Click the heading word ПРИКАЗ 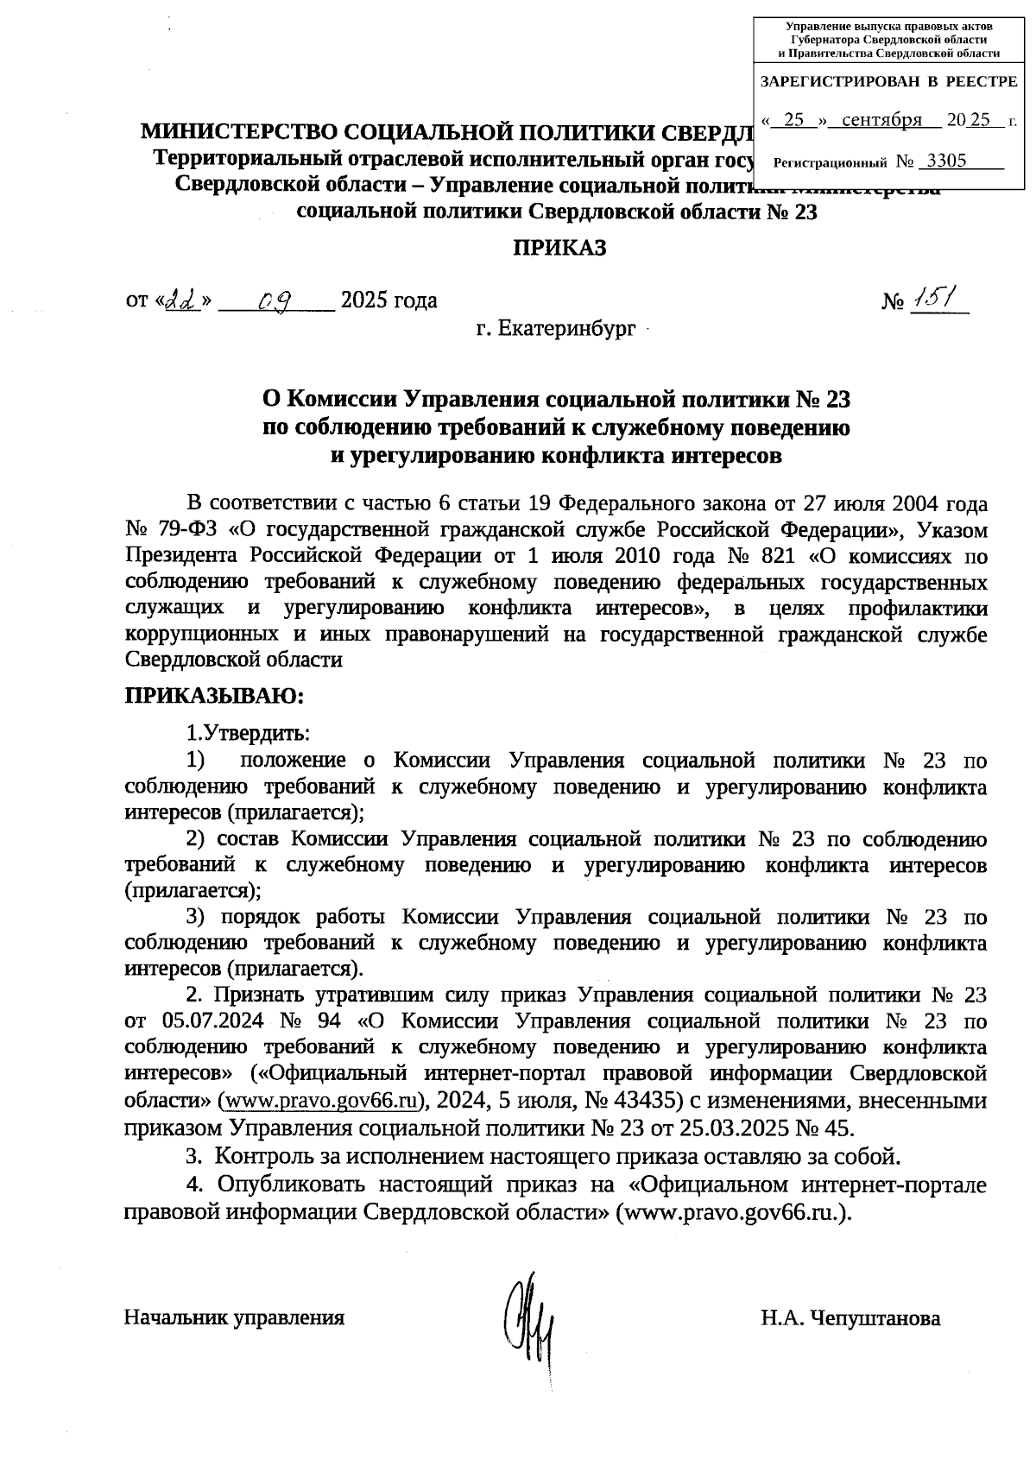[560, 249]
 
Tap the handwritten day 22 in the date [182, 300]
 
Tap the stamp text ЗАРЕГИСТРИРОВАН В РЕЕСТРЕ [888, 82]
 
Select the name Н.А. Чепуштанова [850, 1318]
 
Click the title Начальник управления [235, 1318]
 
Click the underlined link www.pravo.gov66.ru [321, 1101]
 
